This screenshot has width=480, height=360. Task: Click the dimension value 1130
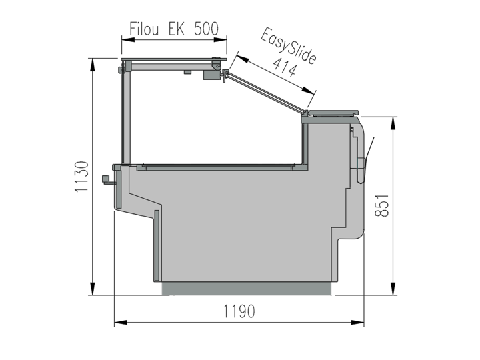tap(82, 177)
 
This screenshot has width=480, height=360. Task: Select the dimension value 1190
tap(239, 311)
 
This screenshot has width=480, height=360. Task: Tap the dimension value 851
tap(382, 205)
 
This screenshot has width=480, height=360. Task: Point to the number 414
tap(285, 67)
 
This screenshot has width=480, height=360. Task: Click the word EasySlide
tap(289, 46)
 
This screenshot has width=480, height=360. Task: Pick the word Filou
tap(144, 29)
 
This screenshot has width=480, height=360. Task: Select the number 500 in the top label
tap(206, 29)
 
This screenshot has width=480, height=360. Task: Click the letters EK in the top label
tap(176, 29)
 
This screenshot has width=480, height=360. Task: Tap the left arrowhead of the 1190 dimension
tap(121, 323)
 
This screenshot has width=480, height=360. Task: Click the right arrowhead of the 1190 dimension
tap(357, 323)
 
